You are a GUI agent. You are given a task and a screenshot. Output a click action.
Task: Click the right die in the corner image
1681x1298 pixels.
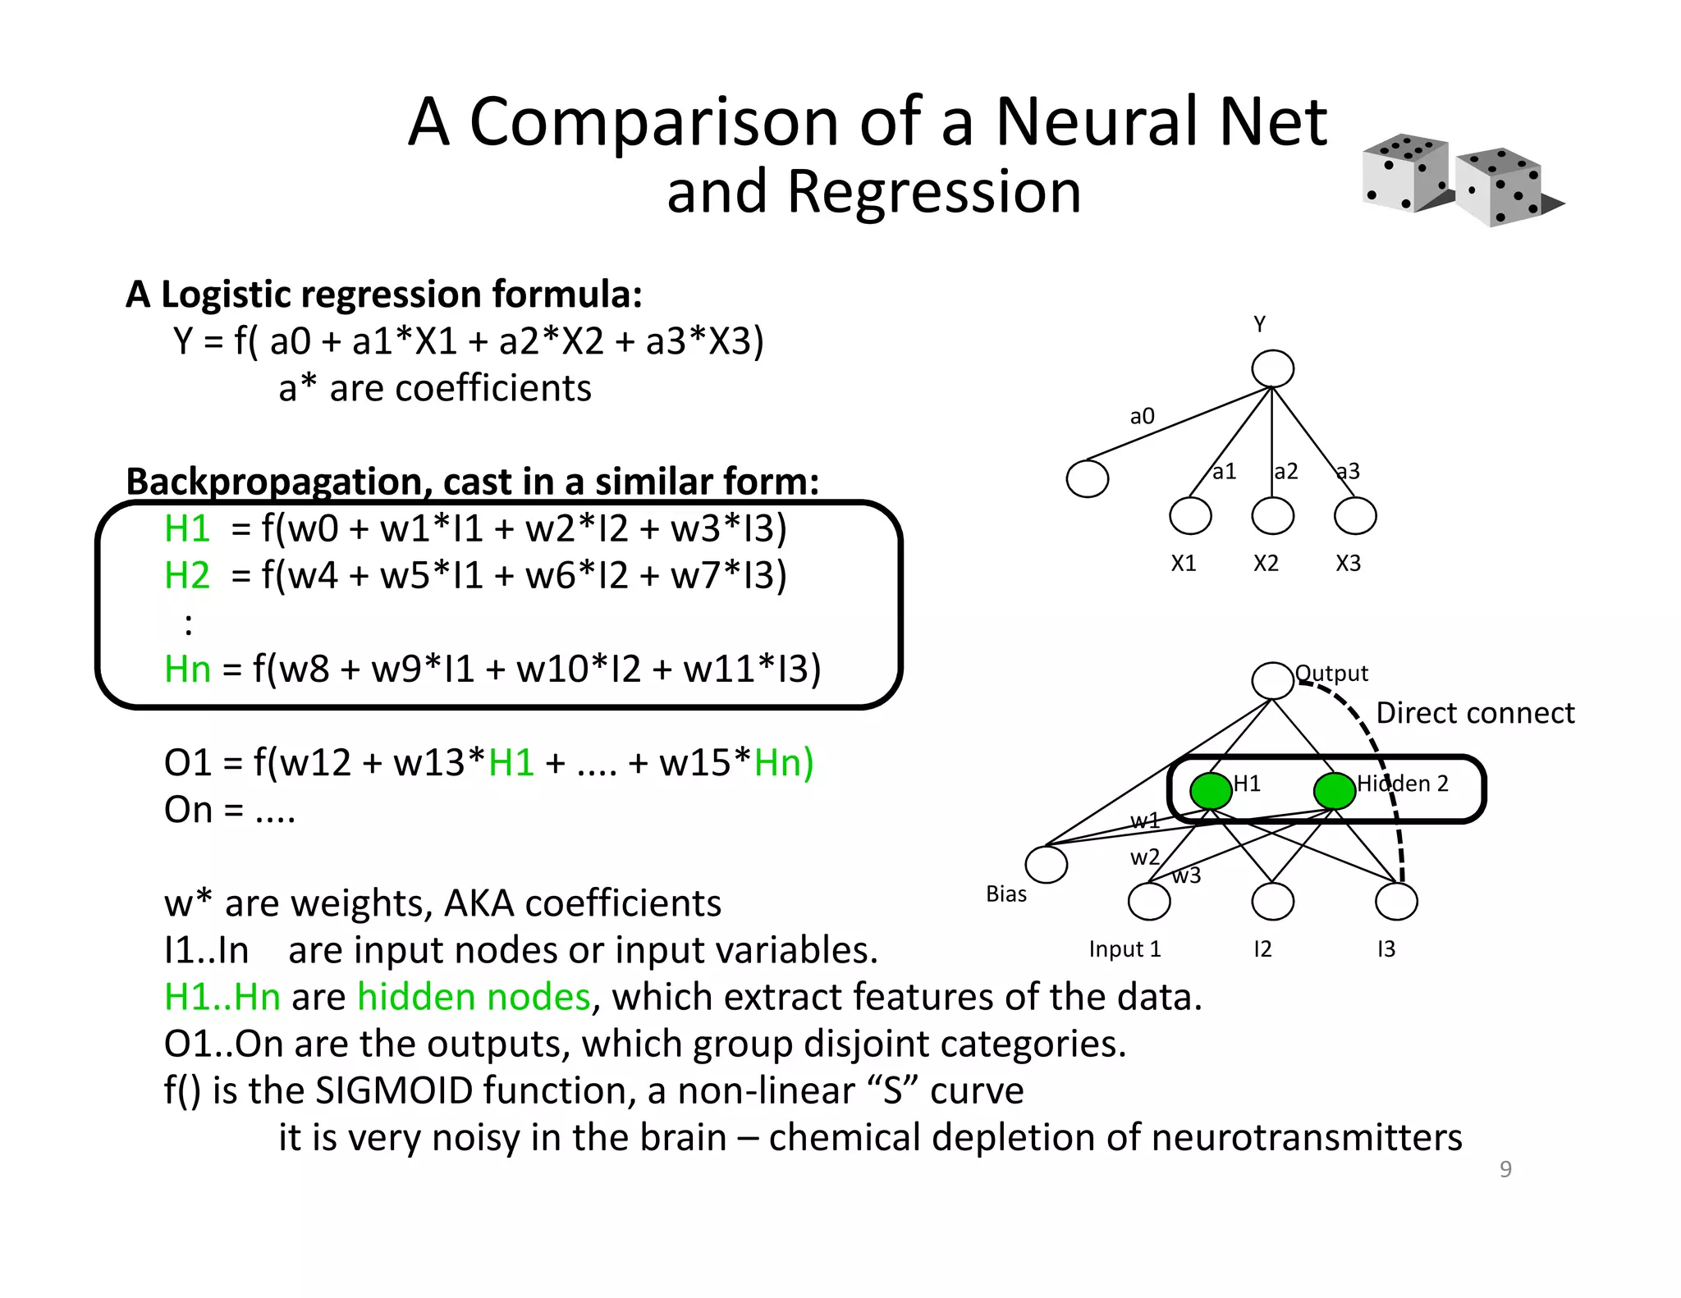1500,188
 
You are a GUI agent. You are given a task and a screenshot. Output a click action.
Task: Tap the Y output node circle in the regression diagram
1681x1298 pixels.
1272,368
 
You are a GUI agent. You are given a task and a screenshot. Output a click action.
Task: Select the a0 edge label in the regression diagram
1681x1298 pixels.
1142,417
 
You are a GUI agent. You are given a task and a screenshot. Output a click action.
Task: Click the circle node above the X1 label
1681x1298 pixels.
1190,516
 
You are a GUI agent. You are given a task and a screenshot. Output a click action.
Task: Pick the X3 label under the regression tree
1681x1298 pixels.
1348,564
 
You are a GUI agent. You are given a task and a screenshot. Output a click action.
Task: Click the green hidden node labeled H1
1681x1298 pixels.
1211,791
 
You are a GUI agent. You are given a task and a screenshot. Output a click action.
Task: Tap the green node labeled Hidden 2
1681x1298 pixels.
1334,791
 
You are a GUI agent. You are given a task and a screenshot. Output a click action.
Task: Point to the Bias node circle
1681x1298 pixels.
1046,865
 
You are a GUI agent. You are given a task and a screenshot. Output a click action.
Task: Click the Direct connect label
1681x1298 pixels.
1475,713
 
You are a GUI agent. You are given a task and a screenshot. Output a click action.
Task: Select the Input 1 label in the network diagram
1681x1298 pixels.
1124,949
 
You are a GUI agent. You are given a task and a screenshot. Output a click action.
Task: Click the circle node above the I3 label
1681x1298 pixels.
1395,902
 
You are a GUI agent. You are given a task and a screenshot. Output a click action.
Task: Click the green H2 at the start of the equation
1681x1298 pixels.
187,575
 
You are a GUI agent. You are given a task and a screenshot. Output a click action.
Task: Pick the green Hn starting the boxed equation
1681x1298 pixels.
187,669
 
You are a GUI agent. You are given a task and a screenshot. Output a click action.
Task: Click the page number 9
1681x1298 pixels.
1505,1169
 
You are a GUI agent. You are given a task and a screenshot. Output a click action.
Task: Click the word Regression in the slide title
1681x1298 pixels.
934,192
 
